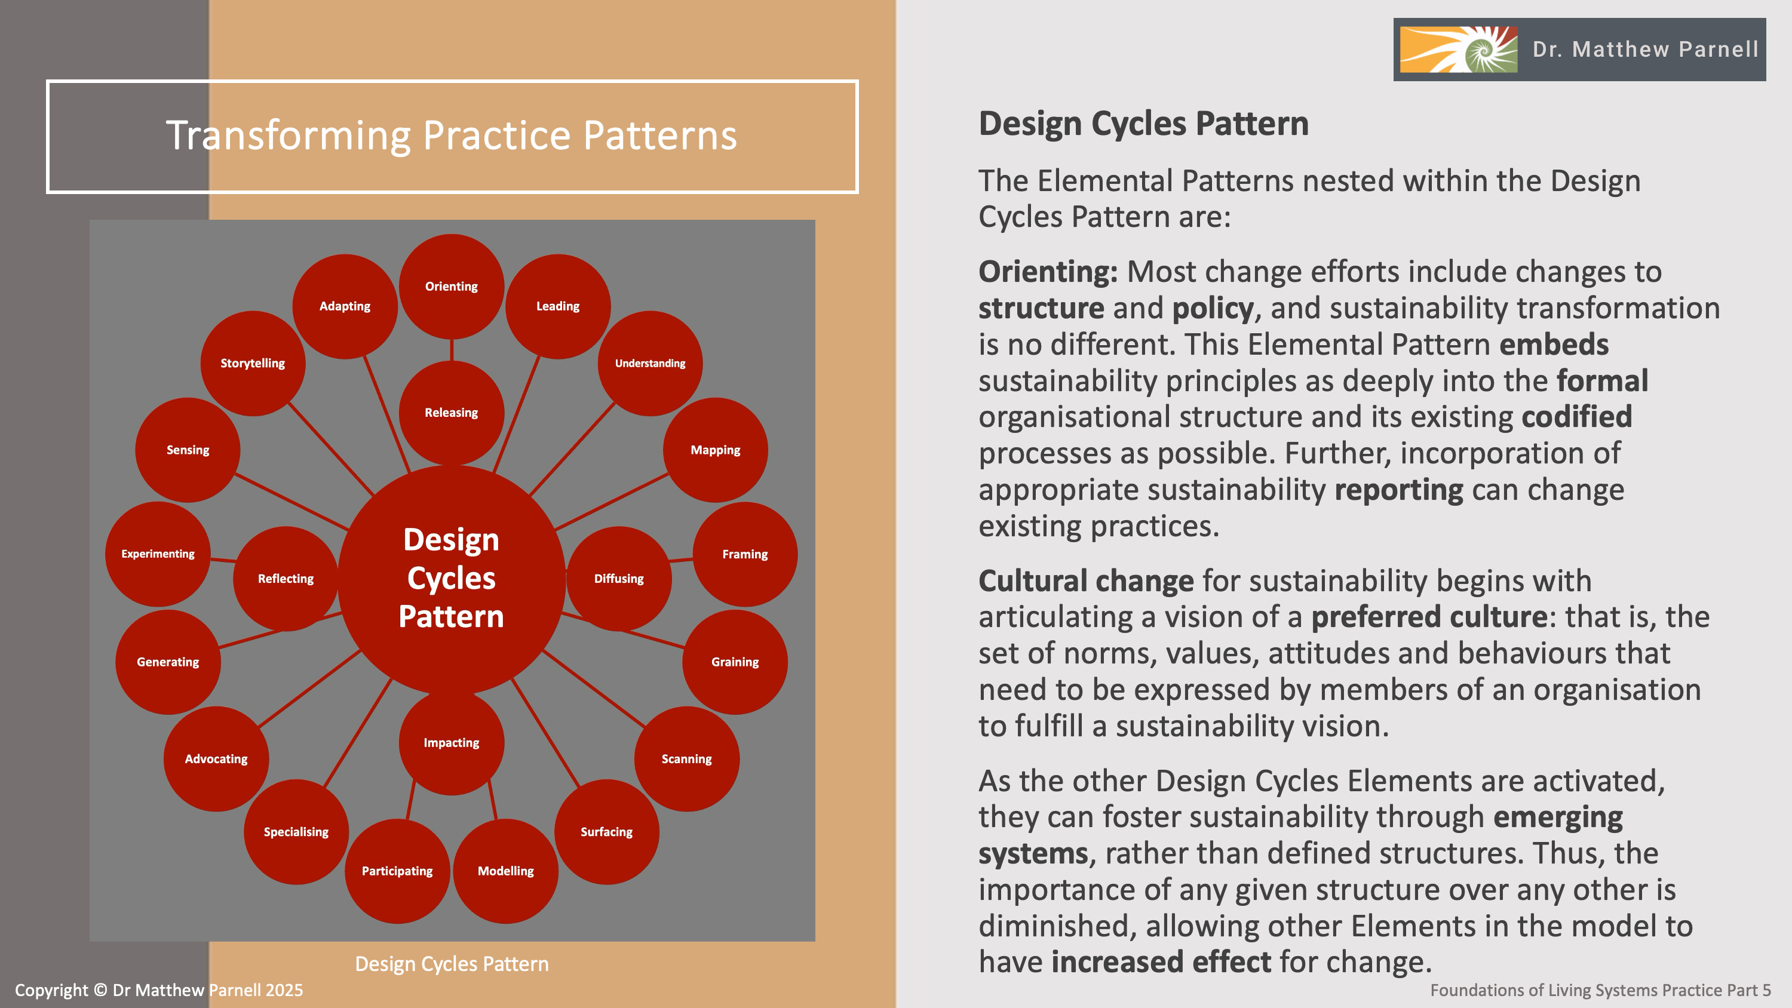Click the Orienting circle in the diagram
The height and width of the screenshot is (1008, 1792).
pyautogui.click(x=452, y=286)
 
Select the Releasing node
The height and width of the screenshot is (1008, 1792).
pyautogui.click(x=452, y=413)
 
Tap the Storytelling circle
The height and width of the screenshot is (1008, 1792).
pyautogui.click(x=253, y=363)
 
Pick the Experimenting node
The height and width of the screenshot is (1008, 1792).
pyautogui.click(x=158, y=554)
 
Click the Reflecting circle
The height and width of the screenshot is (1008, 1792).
pyautogui.click(x=285, y=578)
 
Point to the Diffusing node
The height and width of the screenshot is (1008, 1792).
pyautogui.click(x=618, y=578)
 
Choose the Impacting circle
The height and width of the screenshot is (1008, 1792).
pyautogui.click(x=452, y=742)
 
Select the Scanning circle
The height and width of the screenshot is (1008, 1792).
pyautogui.click(x=686, y=759)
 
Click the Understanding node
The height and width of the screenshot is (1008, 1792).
pyautogui.click(x=650, y=363)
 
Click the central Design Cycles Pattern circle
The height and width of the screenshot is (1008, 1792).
pyautogui.click(x=452, y=578)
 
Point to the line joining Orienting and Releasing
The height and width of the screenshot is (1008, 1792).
pyautogui.click(x=452, y=350)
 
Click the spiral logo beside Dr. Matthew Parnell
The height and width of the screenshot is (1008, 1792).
pyautogui.click(x=1458, y=50)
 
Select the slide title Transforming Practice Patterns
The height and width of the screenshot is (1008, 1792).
pyautogui.click(x=452, y=135)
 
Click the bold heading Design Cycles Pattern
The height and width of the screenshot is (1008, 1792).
pyautogui.click(x=1143, y=124)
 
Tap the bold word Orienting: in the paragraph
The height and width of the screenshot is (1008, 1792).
pyautogui.click(x=1048, y=271)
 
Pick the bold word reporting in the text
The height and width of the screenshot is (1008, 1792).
pyautogui.click(x=1398, y=490)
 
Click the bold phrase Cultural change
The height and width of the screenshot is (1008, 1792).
pyautogui.click(x=1086, y=581)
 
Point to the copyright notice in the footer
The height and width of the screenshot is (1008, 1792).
pyautogui.click(x=159, y=990)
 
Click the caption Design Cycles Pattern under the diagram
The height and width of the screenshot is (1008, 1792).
pyautogui.click(x=452, y=963)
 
